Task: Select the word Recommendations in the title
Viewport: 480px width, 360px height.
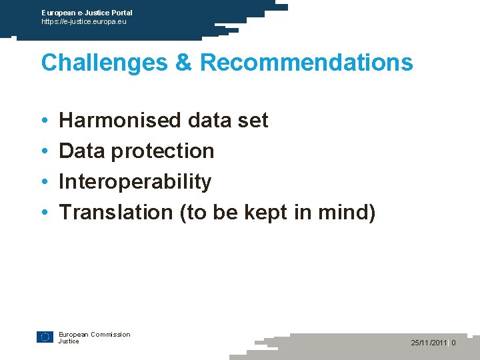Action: [307, 63]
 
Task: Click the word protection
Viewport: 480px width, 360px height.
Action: [163, 151]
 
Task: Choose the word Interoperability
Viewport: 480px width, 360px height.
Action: [135, 181]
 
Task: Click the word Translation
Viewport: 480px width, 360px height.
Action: [116, 212]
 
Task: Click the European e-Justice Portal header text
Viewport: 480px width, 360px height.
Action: [87, 13]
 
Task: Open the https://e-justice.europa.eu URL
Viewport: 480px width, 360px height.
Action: [83, 21]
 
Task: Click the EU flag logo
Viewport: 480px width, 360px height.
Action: [45, 337]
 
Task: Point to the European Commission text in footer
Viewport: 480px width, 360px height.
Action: [94, 334]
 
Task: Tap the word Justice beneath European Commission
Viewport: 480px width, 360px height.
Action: [69, 341]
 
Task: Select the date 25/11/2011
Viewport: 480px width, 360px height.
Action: [429, 343]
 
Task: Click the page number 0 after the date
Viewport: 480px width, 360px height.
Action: [453, 343]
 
